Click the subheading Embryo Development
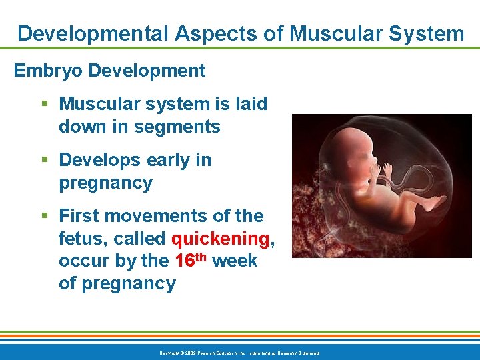(x=110, y=70)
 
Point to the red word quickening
(x=220, y=239)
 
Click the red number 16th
(x=192, y=260)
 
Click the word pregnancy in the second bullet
(x=105, y=183)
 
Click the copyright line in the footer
(x=239, y=352)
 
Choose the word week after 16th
(x=235, y=261)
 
